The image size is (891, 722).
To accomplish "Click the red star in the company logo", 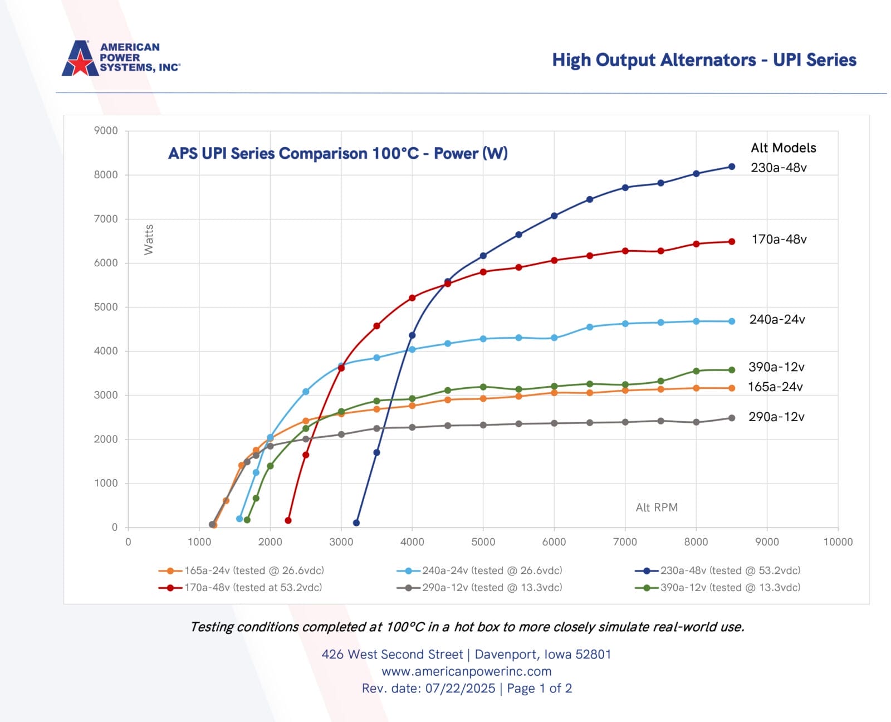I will tap(81, 62).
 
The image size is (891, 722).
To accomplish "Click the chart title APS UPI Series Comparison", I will tap(337, 153).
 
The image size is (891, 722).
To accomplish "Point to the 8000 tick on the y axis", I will tap(106, 175).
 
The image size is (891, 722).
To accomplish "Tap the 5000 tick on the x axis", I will tap(483, 542).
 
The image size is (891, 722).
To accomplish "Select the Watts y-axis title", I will tap(149, 240).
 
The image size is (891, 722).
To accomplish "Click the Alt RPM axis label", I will tap(657, 508).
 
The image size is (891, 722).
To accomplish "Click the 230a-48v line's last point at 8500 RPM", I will tap(732, 167).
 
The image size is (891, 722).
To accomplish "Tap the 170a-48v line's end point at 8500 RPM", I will tap(732, 242).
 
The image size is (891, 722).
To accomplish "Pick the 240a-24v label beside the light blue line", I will tap(777, 320).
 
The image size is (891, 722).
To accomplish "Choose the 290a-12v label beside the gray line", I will tap(776, 417).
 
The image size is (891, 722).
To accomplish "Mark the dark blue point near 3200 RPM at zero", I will tap(356, 523).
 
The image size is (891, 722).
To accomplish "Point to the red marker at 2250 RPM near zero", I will tap(288, 520).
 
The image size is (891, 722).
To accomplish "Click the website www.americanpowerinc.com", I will tap(466, 671).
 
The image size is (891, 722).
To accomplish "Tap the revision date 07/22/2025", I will tap(460, 689).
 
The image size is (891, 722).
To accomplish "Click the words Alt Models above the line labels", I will tap(783, 148).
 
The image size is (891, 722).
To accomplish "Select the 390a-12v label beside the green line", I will tap(776, 367).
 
